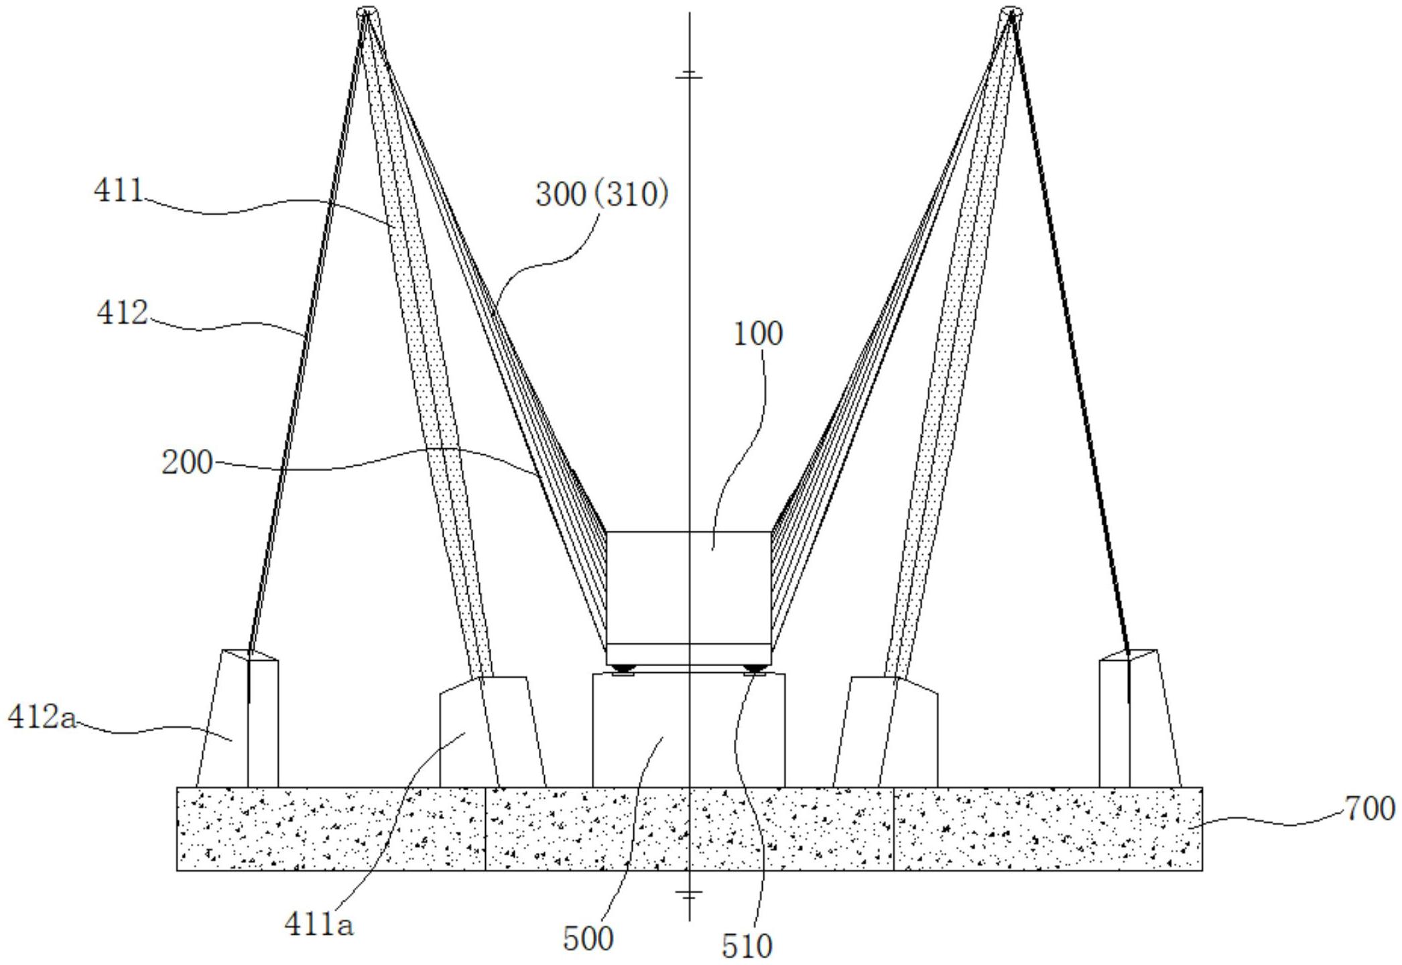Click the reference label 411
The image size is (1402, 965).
[119, 190]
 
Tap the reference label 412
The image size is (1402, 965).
[122, 313]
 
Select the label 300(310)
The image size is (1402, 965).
[602, 195]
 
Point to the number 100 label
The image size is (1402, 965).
[758, 334]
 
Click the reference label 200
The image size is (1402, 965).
[187, 462]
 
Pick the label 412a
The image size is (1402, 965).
[42, 718]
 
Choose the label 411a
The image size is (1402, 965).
[319, 925]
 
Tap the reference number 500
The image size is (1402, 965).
[588, 939]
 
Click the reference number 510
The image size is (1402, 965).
[747, 946]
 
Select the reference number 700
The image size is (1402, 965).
[1370, 809]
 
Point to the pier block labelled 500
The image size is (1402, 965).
[688, 730]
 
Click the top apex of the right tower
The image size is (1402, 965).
[1011, 12]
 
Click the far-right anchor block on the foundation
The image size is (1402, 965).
[1140, 718]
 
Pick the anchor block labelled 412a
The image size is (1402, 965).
[237, 718]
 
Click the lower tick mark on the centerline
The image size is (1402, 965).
[689, 893]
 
